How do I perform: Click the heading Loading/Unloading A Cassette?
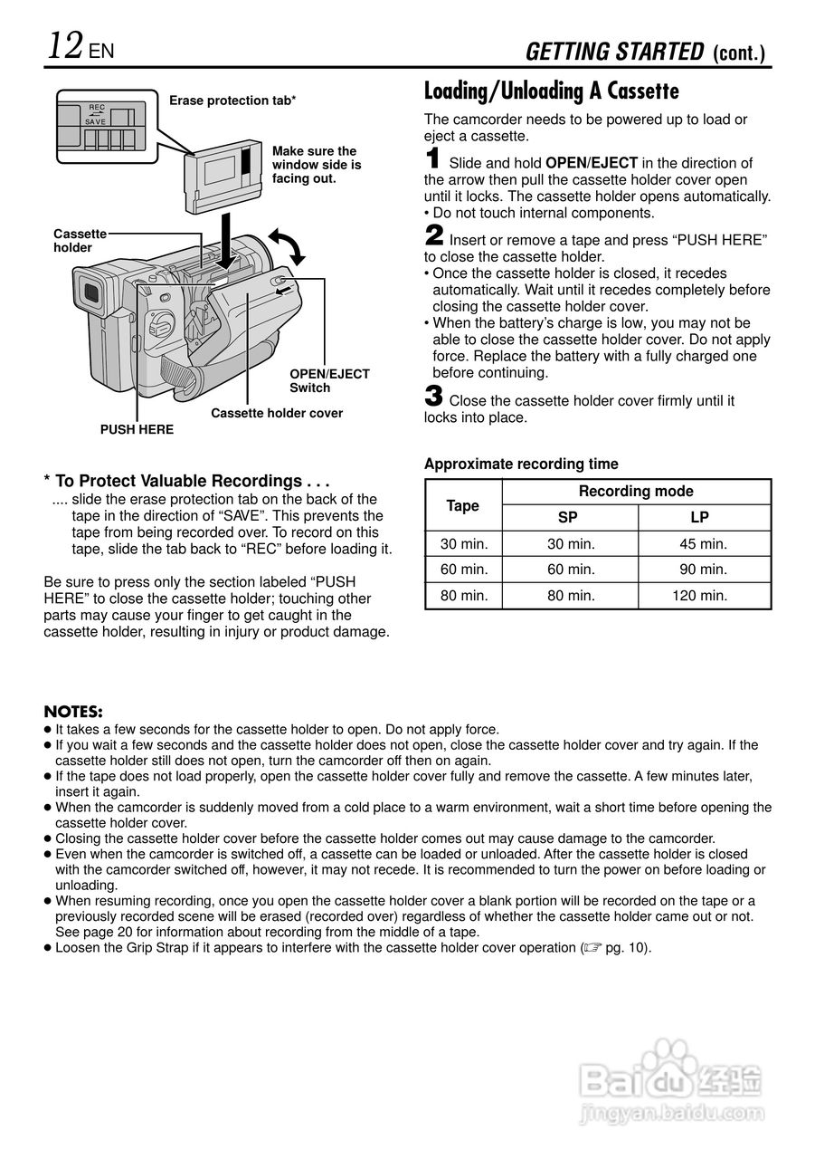pos(551,91)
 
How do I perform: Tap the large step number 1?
pos(433,159)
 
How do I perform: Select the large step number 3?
pos(433,397)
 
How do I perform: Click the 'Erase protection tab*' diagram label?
pos(232,101)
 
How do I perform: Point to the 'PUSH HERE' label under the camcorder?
pos(137,429)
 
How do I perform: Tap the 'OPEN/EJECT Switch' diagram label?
pos(329,381)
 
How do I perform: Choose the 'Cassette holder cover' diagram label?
pos(277,413)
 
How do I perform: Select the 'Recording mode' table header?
pos(636,492)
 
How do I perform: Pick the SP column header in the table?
pos(568,518)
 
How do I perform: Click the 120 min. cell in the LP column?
pos(699,596)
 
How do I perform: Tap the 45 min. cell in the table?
pos(703,544)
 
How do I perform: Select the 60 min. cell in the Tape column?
pos(464,570)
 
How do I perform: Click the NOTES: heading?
pos(73,712)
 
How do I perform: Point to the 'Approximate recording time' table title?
pos(521,465)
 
